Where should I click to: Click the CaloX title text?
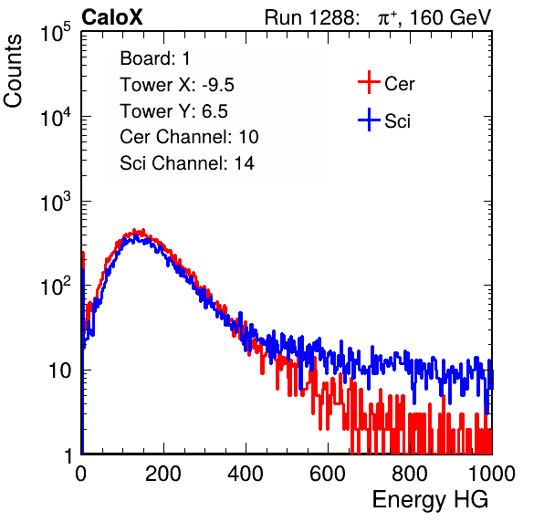pos(112,17)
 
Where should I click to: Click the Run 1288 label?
pos(310,17)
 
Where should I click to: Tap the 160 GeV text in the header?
pos(450,17)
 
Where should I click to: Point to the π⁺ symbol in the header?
pos(387,18)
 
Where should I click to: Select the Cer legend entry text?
pos(399,84)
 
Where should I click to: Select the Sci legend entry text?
pos(397,121)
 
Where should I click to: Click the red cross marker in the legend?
pos(369,82)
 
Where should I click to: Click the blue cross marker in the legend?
pos(369,120)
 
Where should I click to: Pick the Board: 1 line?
pos(155,58)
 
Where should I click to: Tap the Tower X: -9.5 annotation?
pos(177,85)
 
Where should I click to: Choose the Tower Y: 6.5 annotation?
pos(173,111)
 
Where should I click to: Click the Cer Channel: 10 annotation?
pos(189,137)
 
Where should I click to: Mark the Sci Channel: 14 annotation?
pos(187,163)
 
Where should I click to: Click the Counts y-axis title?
pos(13,71)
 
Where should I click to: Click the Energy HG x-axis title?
pos(430,500)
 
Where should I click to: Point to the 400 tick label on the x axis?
pos(246,474)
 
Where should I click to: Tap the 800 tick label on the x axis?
pos(410,474)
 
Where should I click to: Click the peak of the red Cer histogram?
pos(139,231)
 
